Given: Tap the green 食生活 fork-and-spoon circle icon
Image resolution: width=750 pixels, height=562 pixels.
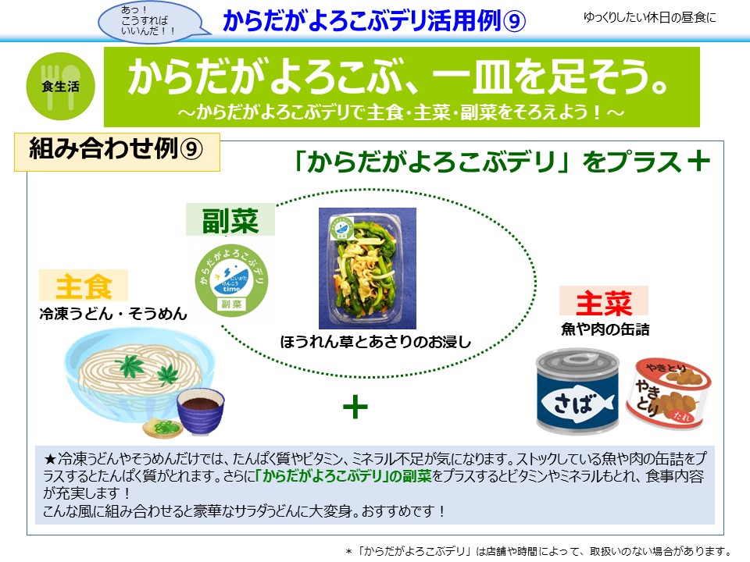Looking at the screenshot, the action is tap(60, 86).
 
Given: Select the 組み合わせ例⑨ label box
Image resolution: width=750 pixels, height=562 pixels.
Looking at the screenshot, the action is tap(117, 152).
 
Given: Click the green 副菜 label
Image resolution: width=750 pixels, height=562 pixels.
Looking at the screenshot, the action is tap(230, 220).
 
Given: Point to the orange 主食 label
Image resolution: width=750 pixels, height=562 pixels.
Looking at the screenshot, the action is tap(84, 286).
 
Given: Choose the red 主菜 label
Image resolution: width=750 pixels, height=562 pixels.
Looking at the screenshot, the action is tap(604, 301).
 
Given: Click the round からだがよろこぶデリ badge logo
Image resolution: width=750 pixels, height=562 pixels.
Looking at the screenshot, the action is tap(231, 279).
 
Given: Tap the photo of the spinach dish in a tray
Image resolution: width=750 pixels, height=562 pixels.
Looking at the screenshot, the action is tap(367, 268).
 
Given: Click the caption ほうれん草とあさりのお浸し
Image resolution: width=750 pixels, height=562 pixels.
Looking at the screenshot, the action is tap(376, 342).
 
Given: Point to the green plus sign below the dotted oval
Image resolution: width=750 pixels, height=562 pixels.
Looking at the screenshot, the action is tap(355, 407).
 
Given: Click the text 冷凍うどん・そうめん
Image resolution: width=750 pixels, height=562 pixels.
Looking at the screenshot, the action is tap(113, 314).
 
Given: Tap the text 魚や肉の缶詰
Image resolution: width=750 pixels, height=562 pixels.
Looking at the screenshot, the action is tap(605, 329).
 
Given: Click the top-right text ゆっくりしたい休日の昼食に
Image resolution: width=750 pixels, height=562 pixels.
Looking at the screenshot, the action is tap(649, 18).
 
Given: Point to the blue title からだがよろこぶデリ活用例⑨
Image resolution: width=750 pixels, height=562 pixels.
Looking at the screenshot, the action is tap(374, 20).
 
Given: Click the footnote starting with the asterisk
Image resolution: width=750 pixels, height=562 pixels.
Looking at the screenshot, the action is tap(538, 551).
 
